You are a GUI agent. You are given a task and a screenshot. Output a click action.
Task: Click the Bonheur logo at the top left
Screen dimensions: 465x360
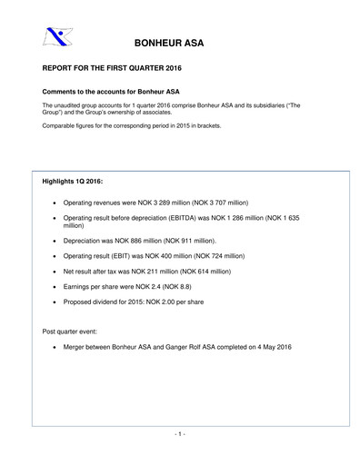(55, 37)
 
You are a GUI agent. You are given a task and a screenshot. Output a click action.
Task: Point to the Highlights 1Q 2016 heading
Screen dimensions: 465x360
(78, 182)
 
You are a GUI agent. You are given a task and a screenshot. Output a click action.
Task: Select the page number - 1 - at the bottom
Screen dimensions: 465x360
(180, 434)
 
